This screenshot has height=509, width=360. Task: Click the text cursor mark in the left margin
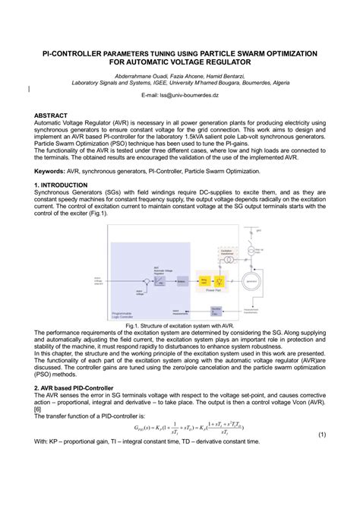(28, 90)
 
